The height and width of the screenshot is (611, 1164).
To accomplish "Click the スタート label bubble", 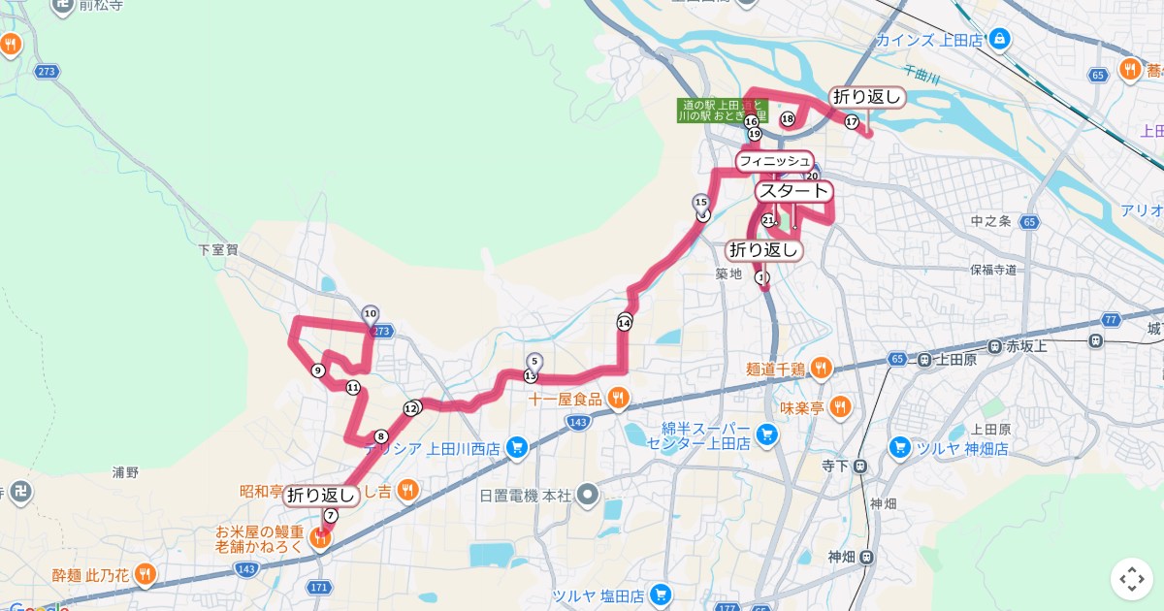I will point(793,191).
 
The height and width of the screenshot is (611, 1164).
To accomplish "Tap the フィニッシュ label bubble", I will point(774,160).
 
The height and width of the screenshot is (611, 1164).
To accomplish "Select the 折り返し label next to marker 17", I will point(867,96).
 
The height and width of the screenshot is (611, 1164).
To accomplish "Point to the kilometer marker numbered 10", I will point(370,313).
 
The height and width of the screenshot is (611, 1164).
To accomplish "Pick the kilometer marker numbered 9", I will point(318,370).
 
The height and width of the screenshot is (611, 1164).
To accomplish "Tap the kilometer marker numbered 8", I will point(381,436).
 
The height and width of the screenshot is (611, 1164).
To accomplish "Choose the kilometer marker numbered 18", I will point(788,119).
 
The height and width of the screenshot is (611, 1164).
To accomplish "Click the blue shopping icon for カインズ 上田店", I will point(1000,40).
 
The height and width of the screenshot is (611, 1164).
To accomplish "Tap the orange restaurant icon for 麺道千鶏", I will point(820,368).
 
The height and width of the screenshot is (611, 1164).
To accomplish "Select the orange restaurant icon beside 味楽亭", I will point(841,407).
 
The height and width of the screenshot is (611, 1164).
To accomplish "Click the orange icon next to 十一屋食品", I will point(618,398).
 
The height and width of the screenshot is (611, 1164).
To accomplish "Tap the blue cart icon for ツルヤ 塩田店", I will point(661,594).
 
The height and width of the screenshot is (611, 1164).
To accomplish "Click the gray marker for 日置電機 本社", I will point(586,496).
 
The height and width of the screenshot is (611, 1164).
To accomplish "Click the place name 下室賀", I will point(218,249).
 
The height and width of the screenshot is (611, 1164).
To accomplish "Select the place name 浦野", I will point(126,472).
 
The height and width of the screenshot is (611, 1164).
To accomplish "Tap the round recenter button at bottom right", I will point(1132,579).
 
